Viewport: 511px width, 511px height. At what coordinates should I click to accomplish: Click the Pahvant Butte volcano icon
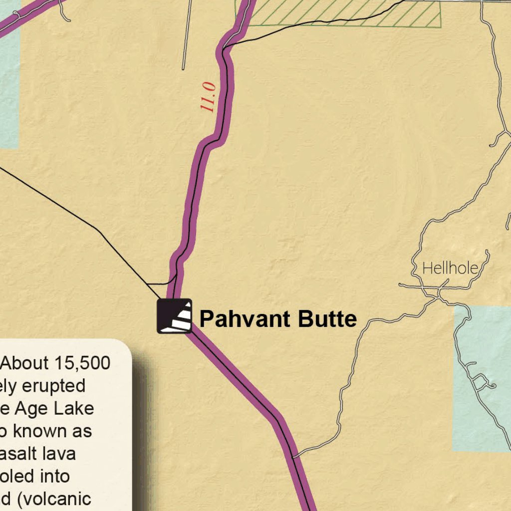point(175,316)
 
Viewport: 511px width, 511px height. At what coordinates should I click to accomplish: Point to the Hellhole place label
point(450,268)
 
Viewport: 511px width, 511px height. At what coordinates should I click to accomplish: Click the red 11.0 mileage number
point(208,97)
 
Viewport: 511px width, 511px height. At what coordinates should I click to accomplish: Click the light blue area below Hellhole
point(482,379)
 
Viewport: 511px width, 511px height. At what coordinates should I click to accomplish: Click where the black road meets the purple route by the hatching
point(226,48)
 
